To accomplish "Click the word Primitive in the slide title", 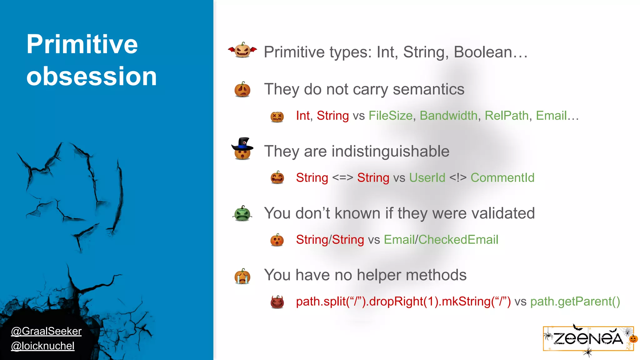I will tap(82, 44).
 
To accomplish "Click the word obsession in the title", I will tap(91, 76).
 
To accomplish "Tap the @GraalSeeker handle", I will tap(46, 331).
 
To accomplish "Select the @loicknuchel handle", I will tap(43, 346).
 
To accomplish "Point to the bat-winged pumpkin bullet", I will tap(242, 50).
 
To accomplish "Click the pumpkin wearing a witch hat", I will tap(242, 149).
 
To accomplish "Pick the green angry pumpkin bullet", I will tap(242, 214).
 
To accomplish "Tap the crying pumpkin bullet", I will tap(242, 276).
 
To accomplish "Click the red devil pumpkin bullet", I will tap(277, 302).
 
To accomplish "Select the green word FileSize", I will tap(391, 116).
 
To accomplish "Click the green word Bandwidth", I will tap(448, 116).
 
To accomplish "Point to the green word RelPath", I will tap(507, 116).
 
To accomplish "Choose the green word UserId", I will tap(427, 178).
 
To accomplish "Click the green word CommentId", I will tap(502, 178).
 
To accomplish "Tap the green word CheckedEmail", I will tap(458, 240).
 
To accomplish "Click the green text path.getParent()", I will tap(575, 302).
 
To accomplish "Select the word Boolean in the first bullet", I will tap(483, 52).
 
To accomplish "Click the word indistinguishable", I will tap(390, 152).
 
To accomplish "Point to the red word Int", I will tap(303, 116).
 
